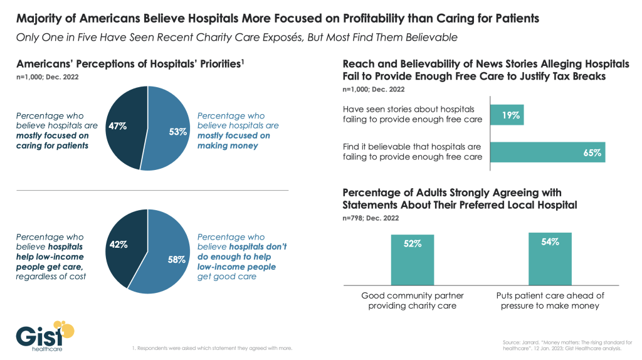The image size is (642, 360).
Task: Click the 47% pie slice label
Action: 117,125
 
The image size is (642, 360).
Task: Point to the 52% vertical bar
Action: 412,259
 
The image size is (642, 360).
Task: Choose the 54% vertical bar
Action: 550,258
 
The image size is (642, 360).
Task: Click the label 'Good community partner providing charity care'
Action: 412,300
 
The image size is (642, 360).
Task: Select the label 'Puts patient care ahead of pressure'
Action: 550,300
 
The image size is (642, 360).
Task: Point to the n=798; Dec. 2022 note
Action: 371,218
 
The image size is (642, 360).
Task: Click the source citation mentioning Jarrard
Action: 562,344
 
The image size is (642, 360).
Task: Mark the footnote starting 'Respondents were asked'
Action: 213,347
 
